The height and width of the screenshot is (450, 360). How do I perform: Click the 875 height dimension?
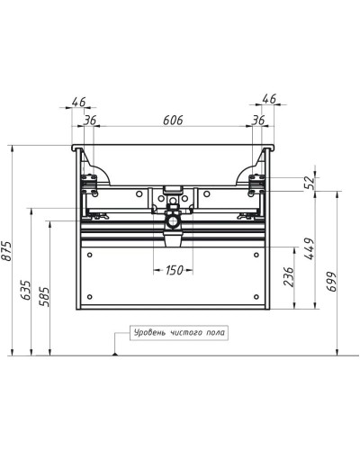coord(6,250)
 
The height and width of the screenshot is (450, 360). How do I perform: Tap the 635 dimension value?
coord(26,290)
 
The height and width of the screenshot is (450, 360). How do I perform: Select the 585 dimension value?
coord(44,296)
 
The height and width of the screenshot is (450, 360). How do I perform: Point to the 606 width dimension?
coord(173,121)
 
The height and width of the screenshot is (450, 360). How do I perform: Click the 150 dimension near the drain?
coord(174,270)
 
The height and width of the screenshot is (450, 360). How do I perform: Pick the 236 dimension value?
coord(288,277)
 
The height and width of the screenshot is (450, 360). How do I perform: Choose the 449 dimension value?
coord(309,248)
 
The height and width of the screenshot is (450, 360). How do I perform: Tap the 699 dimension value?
coord(331,282)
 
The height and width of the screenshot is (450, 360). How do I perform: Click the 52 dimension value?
coord(310,183)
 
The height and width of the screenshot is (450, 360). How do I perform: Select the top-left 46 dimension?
coord(78,102)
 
